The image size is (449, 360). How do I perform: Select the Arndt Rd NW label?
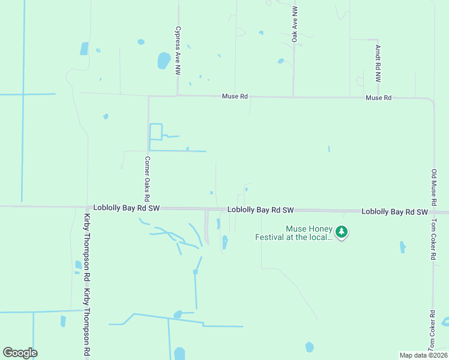click(x=378, y=64)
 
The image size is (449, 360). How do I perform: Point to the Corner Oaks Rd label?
click(x=147, y=179)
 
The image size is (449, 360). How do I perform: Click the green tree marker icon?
click(x=342, y=232)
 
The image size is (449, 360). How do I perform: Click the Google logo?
click(x=20, y=353)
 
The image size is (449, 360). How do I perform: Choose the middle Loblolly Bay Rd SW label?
click(x=260, y=210)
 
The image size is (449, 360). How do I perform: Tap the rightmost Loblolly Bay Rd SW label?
click(x=394, y=212)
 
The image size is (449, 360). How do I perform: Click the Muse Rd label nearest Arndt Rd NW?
click(x=378, y=97)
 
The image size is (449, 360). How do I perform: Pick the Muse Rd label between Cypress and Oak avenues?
click(x=235, y=96)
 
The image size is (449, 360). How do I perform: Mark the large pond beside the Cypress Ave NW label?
click(x=163, y=61)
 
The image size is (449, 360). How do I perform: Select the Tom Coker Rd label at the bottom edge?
click(x=432, y=331)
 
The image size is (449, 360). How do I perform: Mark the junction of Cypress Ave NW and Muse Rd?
click(x=178, y=95)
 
